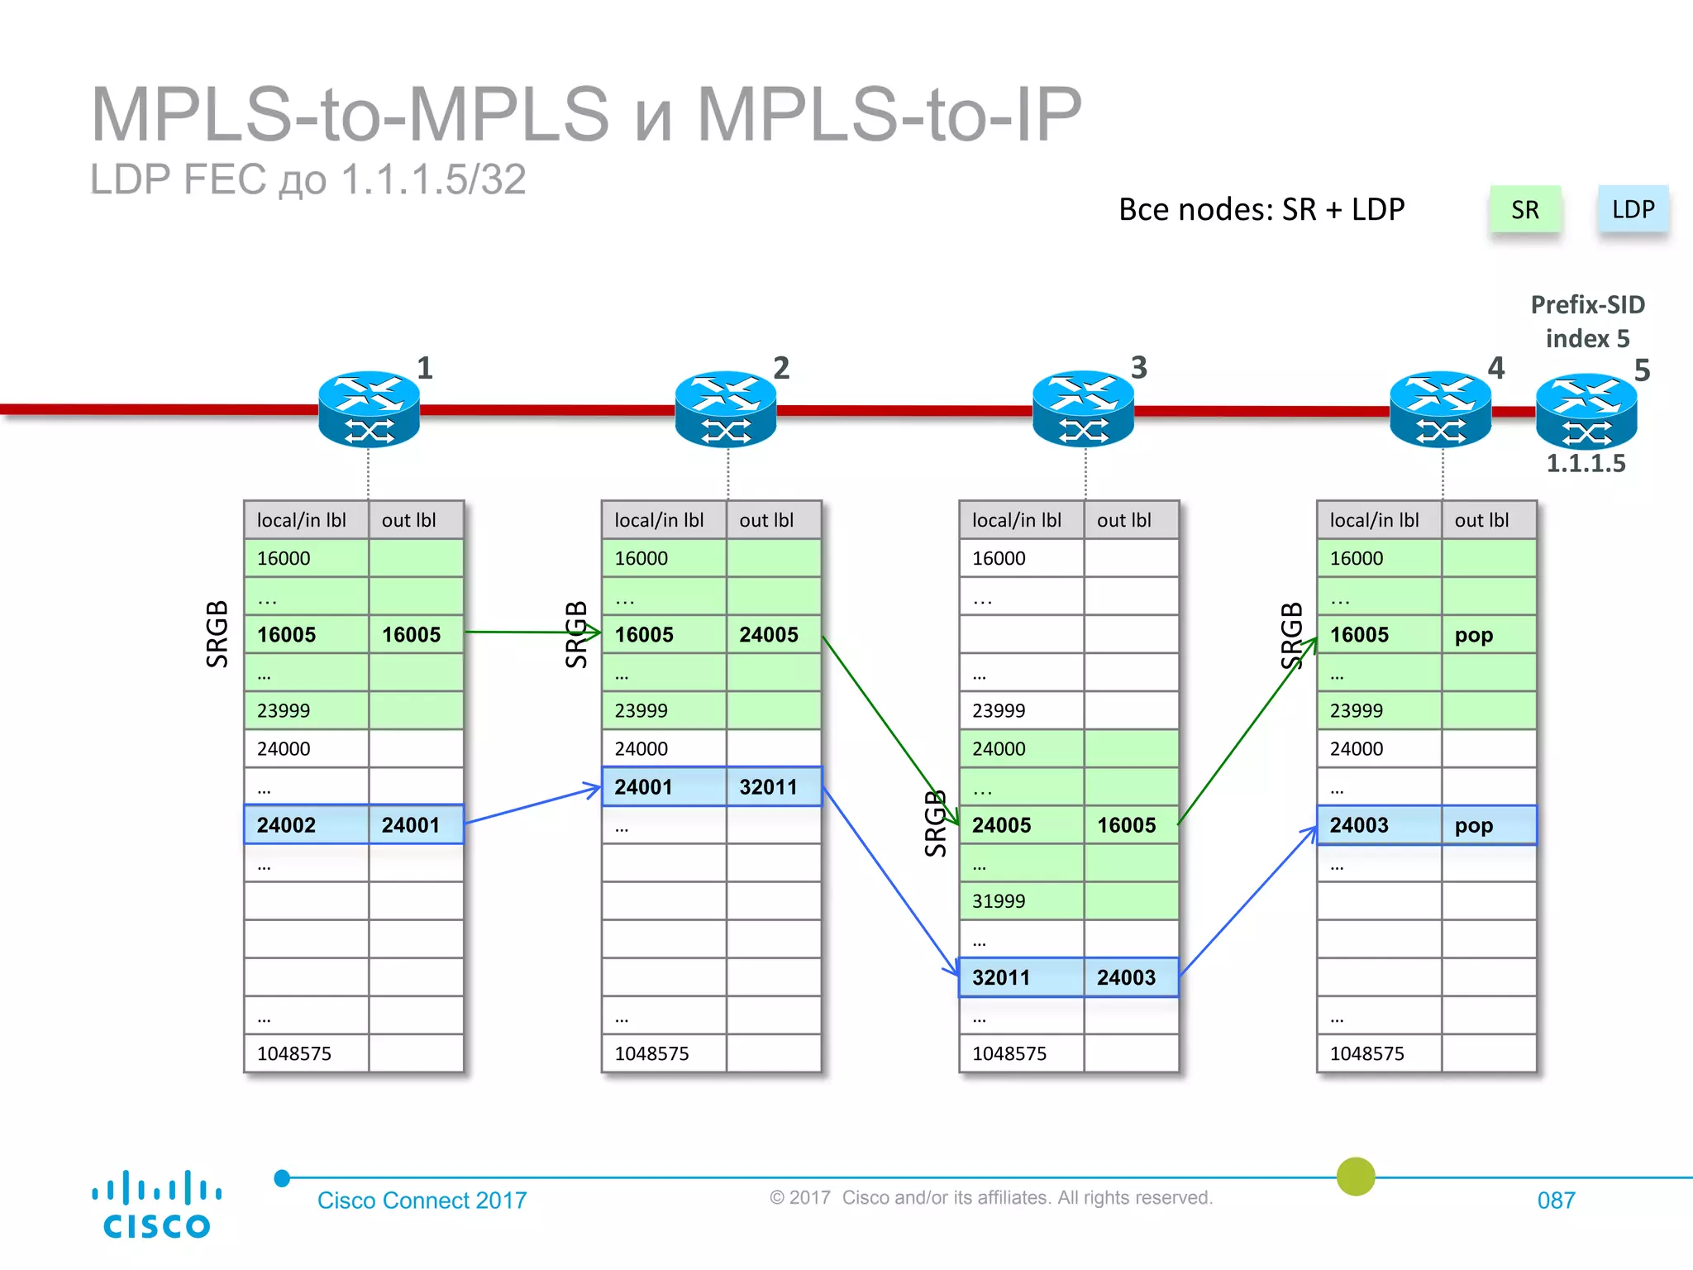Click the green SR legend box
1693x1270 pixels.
click(1524, 210)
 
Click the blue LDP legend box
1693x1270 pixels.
click(1633, 210)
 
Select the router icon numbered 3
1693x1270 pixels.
click(1083, 409)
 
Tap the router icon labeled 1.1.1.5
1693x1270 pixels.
click(1586, 412)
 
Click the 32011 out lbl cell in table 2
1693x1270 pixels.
click(773, 787)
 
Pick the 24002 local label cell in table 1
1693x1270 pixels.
click(306, 825)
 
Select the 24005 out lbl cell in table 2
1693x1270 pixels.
click(773, 635)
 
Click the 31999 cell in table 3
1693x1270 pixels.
click(1021, 901)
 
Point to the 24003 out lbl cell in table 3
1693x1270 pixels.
click(1130, 977)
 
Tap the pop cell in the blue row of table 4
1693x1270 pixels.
click(1488, 825)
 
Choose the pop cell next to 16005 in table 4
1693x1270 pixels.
click(1488, 635)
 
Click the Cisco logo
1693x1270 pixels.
click(156, 1205)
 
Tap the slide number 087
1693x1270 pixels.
click(1556, 1201)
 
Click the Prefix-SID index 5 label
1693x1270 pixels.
click(1587, 322)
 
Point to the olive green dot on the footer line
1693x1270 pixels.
click(1355, 1176)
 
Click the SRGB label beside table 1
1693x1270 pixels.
click(217, 634)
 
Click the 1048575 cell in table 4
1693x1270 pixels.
click(1378, 1053)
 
